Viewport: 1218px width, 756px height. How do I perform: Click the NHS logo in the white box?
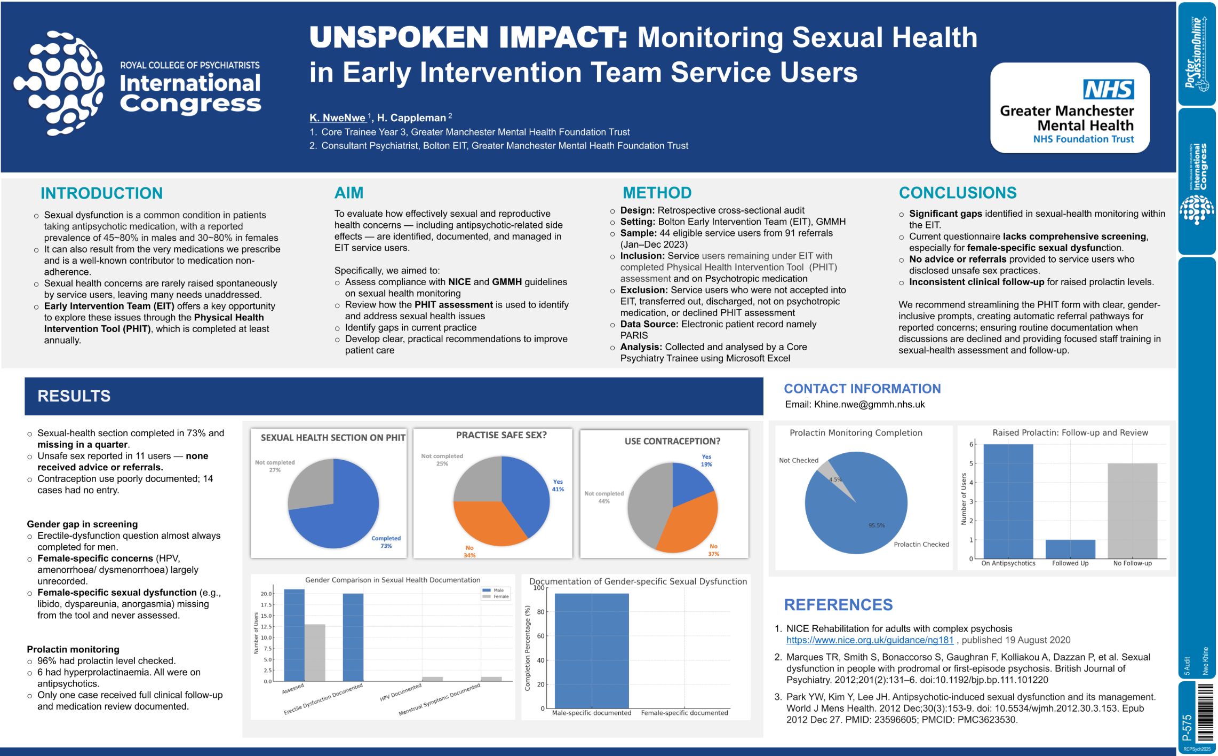click(x=1108, y=89)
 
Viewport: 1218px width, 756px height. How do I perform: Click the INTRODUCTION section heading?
click(x=101, y=193)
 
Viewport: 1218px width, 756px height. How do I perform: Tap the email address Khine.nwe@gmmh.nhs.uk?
click(x=869, y=405)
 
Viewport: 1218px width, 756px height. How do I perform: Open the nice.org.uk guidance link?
click(x=870, y=640)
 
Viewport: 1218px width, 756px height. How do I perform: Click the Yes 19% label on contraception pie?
click(x=706, y=461)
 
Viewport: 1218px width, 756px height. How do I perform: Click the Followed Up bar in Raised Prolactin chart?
click(x=1070, y=549)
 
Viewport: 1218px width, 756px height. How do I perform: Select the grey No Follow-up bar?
click(x=1132, y=510)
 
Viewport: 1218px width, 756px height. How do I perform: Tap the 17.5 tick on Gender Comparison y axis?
click(x=266, y=605)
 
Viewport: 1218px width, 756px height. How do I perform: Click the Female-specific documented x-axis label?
click(x=684, y=713)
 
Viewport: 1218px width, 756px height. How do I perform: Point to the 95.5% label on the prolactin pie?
click(x=876, y=525)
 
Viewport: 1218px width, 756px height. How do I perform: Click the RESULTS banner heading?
click(x=74, y=396)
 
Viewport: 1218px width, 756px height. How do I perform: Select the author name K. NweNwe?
click(x=337, y=118)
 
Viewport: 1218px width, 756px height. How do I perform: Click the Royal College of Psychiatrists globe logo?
click(x=59, y=83)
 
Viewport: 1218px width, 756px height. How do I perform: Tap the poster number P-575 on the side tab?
click(x=1187, y=727)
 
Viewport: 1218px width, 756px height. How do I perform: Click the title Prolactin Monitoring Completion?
click(x=856, y=433)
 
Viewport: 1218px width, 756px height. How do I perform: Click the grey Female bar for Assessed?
click(x=315, y=652)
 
